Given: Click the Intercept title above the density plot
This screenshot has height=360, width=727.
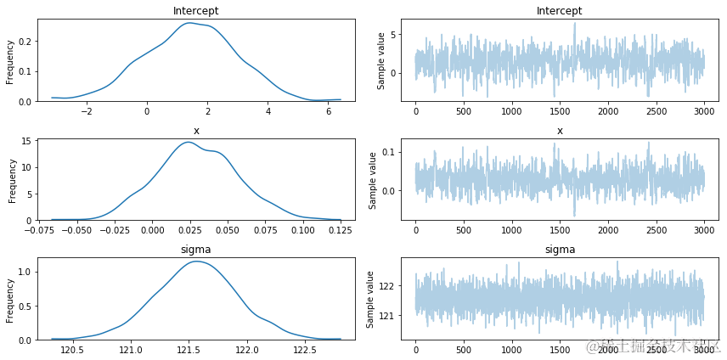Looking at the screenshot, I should [x=196, y=11].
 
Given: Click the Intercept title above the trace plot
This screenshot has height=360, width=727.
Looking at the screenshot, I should [x=560, y=11].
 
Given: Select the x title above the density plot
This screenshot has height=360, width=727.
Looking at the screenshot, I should [x=196, y=131].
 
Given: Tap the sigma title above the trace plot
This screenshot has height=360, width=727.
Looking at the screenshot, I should [x=560, y=250].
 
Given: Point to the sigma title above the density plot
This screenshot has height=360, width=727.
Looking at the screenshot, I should [x=196, y=250].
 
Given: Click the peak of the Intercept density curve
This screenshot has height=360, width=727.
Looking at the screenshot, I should [x=189, y=23].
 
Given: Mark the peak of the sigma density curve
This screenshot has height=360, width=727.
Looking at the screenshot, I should [x=196, y=262].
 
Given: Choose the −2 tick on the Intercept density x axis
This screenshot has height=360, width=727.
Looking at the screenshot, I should [x=86, y=110].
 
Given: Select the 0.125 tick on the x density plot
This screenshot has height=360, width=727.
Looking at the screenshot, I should [x=341, y=229].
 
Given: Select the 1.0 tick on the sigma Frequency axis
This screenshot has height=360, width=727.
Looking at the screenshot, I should [x=25, y=272].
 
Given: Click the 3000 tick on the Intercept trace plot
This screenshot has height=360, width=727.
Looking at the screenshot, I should [x=704, y=110].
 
